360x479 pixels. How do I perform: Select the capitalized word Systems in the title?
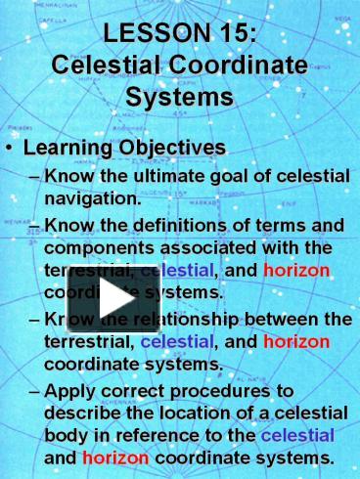tap(180, 98)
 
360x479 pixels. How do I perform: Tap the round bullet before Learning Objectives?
tap(12, 149)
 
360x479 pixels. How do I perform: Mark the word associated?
tap(211, 247)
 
